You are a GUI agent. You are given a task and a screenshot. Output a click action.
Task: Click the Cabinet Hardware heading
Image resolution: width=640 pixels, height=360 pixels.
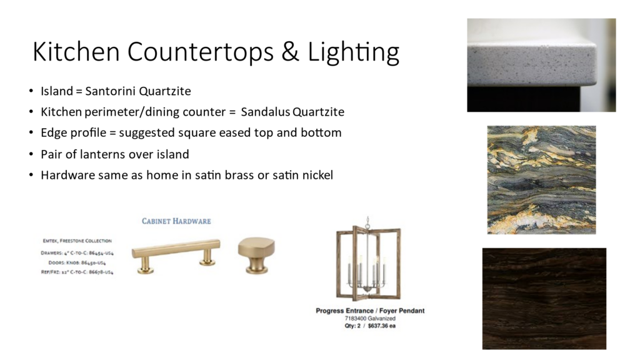176,221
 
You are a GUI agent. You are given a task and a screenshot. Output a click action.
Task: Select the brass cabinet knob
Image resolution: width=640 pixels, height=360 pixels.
256,254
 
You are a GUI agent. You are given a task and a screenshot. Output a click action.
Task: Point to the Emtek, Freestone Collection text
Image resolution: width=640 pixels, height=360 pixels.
77,241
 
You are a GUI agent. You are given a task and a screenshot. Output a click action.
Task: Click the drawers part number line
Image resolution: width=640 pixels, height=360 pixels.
77,253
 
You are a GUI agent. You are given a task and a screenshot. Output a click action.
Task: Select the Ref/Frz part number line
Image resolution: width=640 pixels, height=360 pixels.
77,272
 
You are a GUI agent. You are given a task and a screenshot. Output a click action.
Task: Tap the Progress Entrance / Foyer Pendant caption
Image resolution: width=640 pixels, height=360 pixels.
370,311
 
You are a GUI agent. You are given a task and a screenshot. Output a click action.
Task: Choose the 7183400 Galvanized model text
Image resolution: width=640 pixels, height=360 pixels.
370,318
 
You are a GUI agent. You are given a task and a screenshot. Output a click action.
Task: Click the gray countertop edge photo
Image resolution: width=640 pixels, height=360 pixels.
541,65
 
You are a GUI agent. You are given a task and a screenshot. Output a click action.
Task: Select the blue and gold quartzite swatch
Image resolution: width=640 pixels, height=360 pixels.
541,180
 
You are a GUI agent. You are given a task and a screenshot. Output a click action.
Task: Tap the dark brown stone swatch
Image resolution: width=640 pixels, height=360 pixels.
544,298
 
